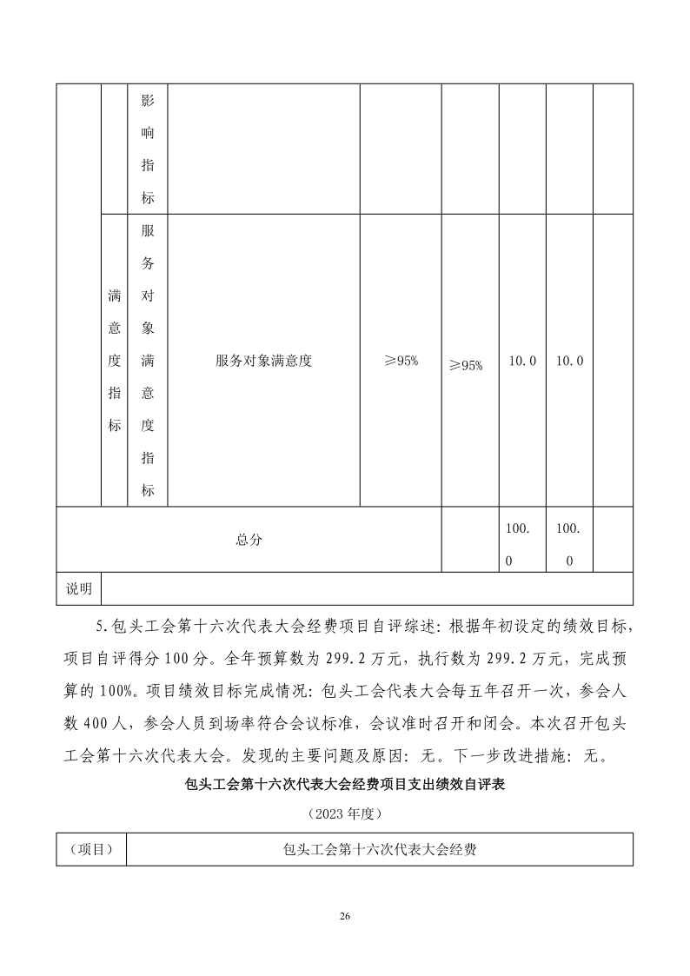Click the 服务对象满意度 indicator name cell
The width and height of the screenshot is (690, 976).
(263, 361)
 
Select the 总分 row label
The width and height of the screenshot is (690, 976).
(249, 540)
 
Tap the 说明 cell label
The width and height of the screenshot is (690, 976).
(79, 588)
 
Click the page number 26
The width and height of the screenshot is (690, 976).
(345, 916)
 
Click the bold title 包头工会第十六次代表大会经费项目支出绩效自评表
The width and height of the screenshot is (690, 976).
(345, 784)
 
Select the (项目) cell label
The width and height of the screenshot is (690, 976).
(91, 849)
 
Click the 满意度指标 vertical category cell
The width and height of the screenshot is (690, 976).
(114, 361)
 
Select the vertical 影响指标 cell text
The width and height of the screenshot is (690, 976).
(148, 149)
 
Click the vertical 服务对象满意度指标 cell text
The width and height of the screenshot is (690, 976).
(148, 361)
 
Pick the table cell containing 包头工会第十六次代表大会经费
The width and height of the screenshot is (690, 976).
(379, 849)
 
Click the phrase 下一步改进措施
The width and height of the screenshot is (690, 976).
(503, 754)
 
